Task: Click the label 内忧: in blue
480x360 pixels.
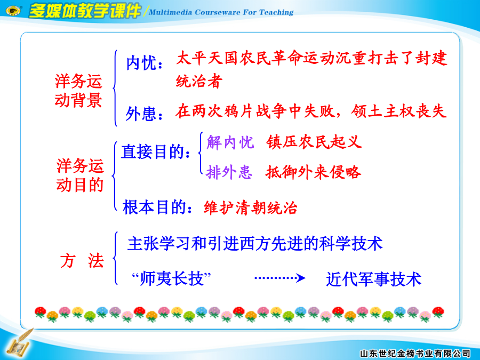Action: coord(144,63)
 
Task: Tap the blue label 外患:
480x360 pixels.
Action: coord(144,114)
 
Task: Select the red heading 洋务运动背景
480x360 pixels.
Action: coord(78,91)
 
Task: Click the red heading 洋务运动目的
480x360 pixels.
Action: coord(80,175)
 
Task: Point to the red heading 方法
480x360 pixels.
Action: coord(82,261)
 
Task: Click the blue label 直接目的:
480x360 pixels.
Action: coord(156,152)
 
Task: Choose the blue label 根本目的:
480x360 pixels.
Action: coord(158,207)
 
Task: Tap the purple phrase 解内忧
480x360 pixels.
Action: coord(230,142)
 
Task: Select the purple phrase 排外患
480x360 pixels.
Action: coord(229,172)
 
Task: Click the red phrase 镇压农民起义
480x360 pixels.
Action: coord(314,142)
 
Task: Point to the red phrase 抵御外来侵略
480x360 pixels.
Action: coord(314,172)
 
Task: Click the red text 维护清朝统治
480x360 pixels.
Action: coord(251,207)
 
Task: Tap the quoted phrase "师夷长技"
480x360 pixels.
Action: coord(171,279)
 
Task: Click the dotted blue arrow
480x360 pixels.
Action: coord(280,278)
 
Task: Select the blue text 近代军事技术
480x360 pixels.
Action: coord(374,279)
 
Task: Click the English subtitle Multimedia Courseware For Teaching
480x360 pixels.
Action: coord(221,12)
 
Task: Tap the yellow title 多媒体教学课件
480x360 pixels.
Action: coord(85,11)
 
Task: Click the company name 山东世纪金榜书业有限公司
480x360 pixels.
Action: coord(415,354)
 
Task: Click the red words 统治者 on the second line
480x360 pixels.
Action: coord(199,81)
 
